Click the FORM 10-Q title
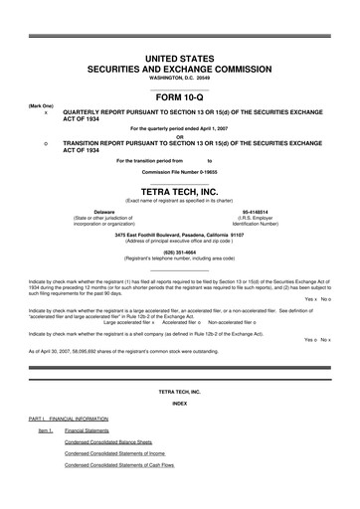(x=179, y=99)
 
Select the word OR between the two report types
(x=179, y=137)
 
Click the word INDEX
(x=179, y=404)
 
